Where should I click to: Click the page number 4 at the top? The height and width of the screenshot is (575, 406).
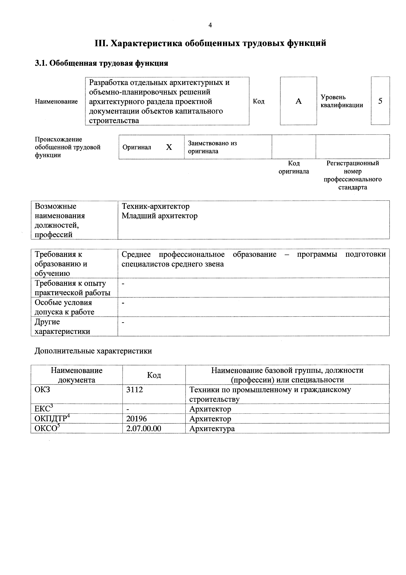click(210, 25)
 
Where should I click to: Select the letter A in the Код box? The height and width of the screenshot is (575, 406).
click(298, 101)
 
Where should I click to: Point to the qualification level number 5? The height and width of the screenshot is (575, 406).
click(380, 101)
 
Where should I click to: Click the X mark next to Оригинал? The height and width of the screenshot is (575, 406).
click(169, 147)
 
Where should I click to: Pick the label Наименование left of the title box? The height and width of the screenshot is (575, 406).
click(56, 101)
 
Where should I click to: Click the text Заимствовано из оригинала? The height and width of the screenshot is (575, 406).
click(212, 147)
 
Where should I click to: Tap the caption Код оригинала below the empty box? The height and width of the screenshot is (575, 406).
click(294, 167)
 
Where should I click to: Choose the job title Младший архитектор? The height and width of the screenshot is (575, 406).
click(160, 216)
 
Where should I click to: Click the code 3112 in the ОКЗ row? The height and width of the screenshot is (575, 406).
click(135, 390)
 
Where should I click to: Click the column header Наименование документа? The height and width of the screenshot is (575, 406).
click(77, 375)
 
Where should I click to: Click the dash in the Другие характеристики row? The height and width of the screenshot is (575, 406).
click(123, 322)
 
